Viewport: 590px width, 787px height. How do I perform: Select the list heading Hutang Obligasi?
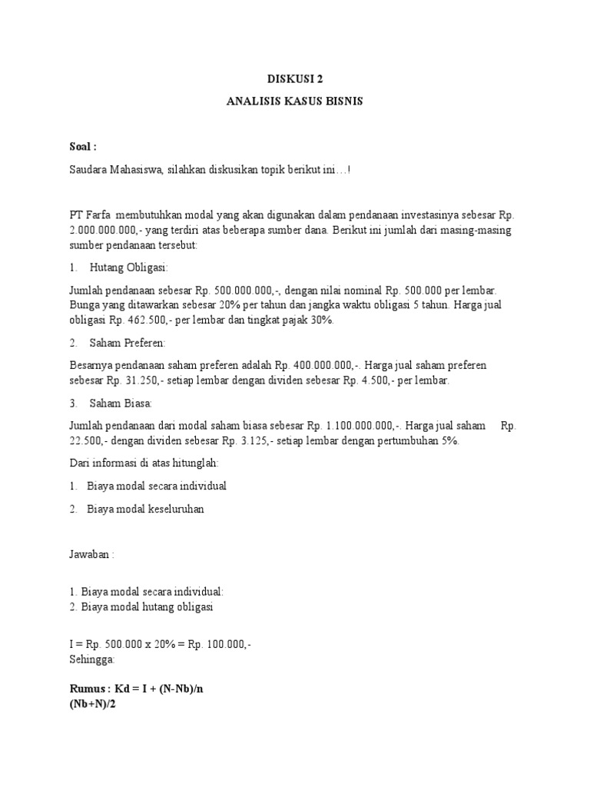(x=128, y=267)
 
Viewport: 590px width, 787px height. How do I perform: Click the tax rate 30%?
(x=321, y=320)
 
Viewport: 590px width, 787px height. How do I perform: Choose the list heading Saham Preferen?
(x=128, y=342)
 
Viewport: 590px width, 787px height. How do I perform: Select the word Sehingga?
(x=91, y=659)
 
